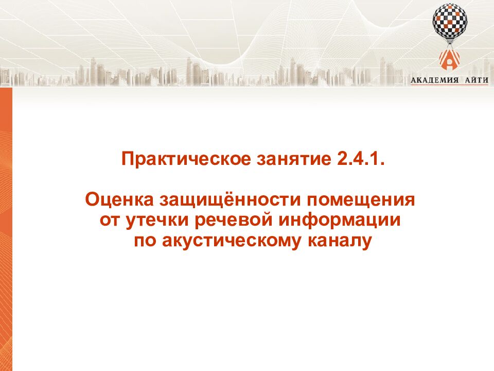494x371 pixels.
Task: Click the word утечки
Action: pyautogui.click(x=160, y=220)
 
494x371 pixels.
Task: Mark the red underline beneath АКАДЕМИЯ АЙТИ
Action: pyautogui.click(x=449, y=85)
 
